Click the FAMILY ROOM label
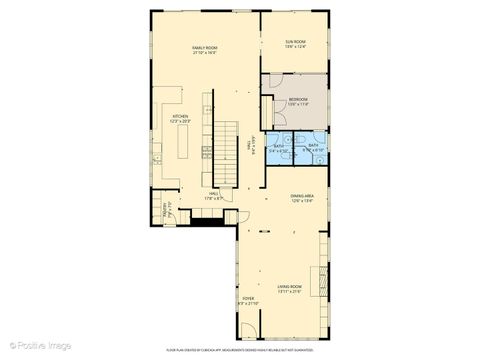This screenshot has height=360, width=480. click(205, 47)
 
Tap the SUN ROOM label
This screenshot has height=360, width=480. click(294, 42)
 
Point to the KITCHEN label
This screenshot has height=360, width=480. click(180, 117)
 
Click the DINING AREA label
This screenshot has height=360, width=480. click(302, 196)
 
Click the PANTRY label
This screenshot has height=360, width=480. click(167, 208)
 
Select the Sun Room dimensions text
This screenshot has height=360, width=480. click(294, 48)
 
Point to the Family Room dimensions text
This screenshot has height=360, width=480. click(205, 53)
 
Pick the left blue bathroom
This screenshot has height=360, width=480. click(281, 147)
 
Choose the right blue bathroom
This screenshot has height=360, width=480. click(313, 147)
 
